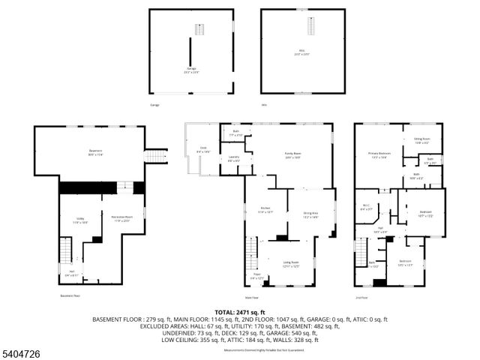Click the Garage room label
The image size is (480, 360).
pyautogui.click(x=191, y=69)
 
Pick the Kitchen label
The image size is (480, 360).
pyautogui.click(x=265, y=209)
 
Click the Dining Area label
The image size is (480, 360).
pyautogui.click(x=311, y=215)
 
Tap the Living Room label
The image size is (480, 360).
pyautogui.click(x=291, y=264)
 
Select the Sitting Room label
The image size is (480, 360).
pyautogui.click(x=421, y=139)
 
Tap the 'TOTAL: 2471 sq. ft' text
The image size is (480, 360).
pyautogui.click(x=240, y=311)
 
